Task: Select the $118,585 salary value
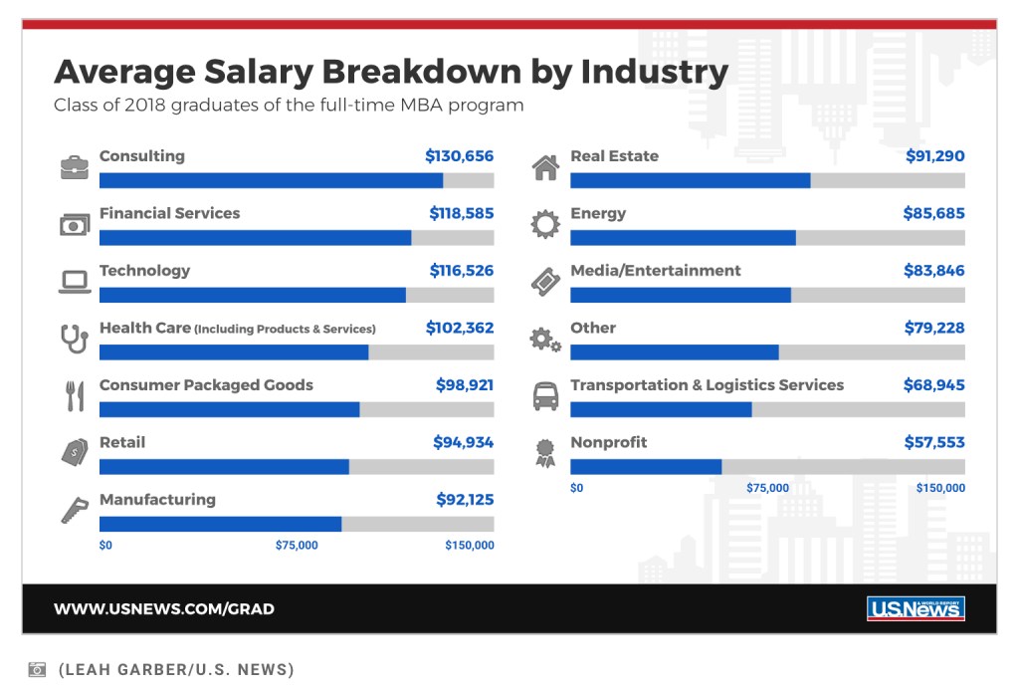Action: coord(461,213)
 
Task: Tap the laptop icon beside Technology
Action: coord(75,283)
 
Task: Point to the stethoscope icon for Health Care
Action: coord(75,339)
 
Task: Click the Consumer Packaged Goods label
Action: coord(206,385)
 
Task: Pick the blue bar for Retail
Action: coord(224,467)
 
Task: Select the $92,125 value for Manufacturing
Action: coord(465,500)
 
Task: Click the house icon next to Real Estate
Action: coord(545,167)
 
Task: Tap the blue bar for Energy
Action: coord(683,238)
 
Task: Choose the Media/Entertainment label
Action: coord(655,271)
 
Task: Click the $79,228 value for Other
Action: coord(934,328)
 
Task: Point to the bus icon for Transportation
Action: coord(545,396)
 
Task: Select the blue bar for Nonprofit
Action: coord(646,467)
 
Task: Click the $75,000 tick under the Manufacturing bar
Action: coord(297,546)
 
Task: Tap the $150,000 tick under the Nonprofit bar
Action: coord(940,488)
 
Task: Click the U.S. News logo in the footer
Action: coord(916,608)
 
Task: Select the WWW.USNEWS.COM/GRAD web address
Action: coord(164,609)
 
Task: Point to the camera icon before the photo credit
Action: coord(37,669)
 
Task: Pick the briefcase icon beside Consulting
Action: coord(75,167)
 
